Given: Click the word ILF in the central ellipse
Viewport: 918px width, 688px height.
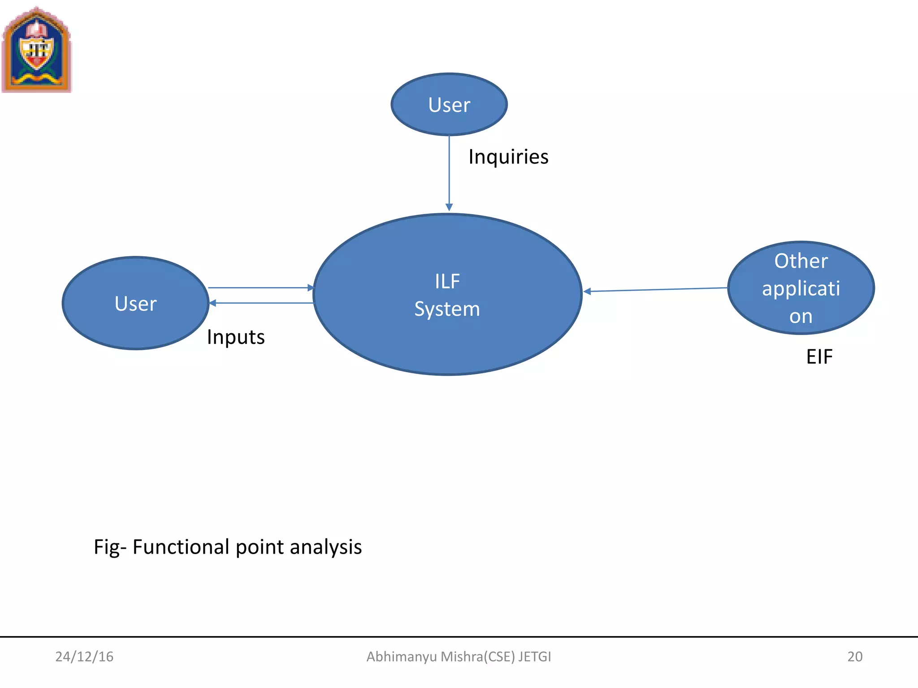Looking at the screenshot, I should tap(447, 281).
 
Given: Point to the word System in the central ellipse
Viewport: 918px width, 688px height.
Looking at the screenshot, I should tap(447, 309).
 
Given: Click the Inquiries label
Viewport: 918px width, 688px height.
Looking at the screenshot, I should tap(508, 157).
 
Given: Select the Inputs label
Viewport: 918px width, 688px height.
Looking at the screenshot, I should tap(236, 337).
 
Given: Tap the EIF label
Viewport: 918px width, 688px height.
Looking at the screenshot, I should tap(819, 357).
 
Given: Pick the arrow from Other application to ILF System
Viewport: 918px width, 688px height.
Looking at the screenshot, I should tap(654, 290).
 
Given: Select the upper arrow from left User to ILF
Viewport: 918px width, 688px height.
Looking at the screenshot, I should tap(260, 288).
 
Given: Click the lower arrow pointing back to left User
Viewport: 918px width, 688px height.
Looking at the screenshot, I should tap(262, 303).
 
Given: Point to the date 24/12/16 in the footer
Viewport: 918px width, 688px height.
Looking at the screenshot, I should tap(84, 657).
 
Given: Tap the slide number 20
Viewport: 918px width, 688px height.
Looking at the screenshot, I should tap(854, 657).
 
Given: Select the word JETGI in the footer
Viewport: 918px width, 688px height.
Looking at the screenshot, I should tap(535, 657).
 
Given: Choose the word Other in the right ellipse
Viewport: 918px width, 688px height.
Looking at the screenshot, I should tap(801, 261).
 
